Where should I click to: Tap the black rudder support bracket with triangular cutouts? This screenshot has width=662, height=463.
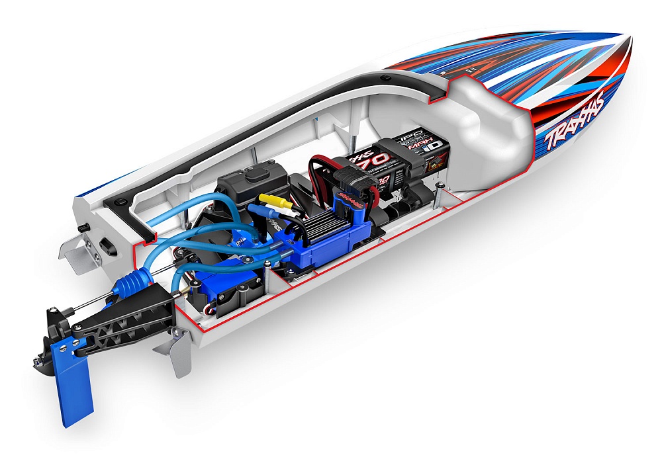(x=119, y=317)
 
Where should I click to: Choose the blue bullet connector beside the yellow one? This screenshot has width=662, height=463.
(x=265, y=210)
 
